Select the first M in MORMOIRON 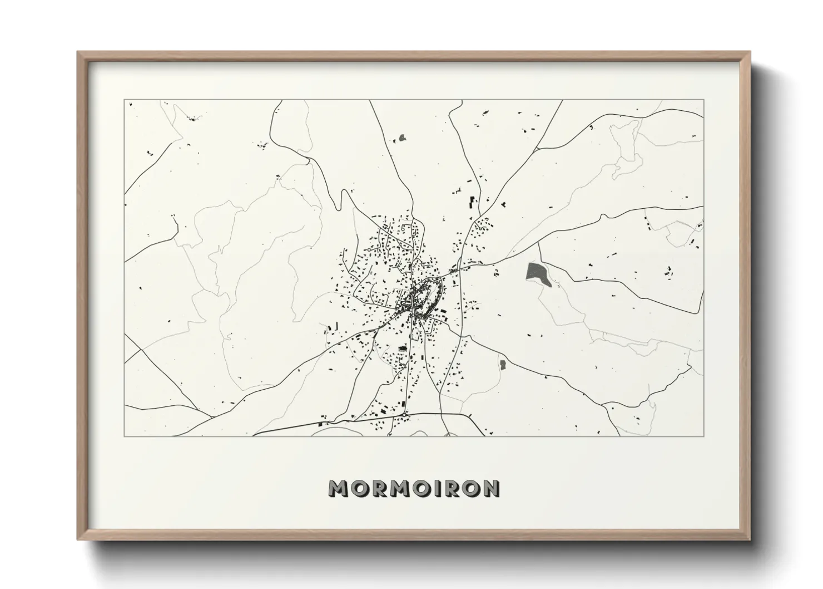(x=338, y=488)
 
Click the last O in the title (x=471, y=488)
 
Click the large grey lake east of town (x=537, y=274)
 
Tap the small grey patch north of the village (x=402, y=137)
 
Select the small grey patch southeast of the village (x=503, y=365)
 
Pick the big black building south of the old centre (x=401, y=349)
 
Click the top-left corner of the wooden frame (x=78, y=52)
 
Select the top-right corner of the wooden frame (x=749, y=52)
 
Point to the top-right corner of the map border (x=703, y=100)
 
